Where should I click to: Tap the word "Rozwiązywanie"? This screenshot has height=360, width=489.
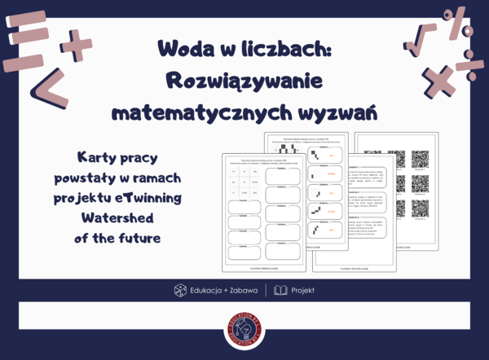[x=244, y=81]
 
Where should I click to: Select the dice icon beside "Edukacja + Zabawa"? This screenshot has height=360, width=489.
[x=180, y=290]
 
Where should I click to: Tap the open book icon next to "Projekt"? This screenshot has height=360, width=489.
[x=280, y=290]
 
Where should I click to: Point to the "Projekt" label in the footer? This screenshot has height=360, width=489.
[x=302, y=290]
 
